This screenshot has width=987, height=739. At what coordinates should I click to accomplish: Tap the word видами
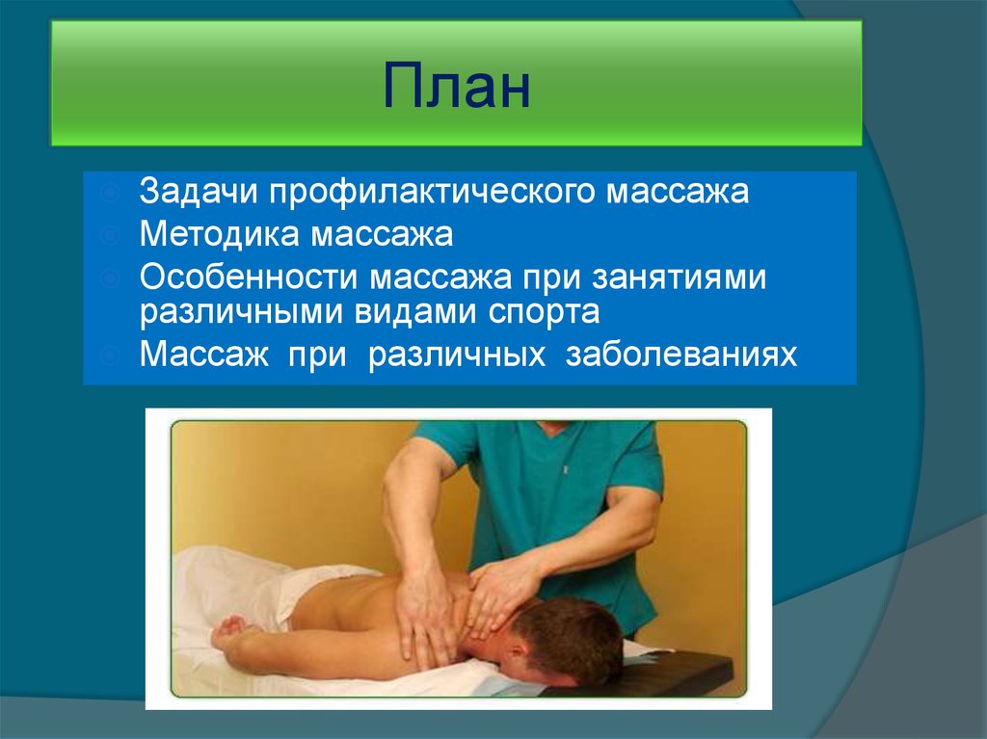coord(381,312)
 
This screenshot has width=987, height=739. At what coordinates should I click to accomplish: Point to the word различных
coord(453,355)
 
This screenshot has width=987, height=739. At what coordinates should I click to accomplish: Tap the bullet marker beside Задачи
coord(112,192)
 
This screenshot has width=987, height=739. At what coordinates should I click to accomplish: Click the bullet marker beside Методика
coord(112,234)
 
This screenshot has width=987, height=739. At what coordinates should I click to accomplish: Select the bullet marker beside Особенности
coord(112,277)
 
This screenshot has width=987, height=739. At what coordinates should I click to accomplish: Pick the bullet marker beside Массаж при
coord(112,355)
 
